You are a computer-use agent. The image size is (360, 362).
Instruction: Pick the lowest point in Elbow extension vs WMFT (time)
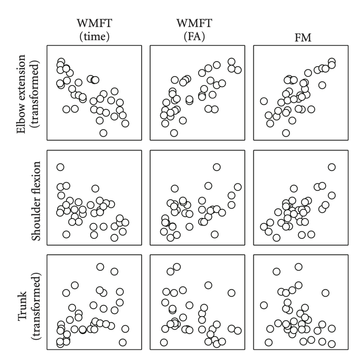pyautogui.click(x=103, y=133)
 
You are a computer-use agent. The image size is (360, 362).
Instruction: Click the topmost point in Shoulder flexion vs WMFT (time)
pyautogui.click(x=60, y=167)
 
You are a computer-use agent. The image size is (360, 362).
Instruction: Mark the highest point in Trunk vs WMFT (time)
pyautogui.click(x=100, y=267)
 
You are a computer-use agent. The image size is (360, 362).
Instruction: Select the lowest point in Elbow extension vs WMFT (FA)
pyautogui.click(x=174, y=133)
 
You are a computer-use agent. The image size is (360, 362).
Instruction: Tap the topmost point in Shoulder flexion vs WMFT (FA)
pyautogui.click(x=217, y=167)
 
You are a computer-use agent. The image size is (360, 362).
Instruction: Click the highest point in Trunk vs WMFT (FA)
pyautogui.click(x=177, y=267)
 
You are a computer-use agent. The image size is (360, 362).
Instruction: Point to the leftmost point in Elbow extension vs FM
pyautogui.click(x=263, y=101)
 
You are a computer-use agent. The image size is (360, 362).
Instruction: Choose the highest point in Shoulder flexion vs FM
pyautogui.click(x=332, y=167)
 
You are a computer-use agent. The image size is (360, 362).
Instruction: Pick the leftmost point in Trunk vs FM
pyautogui.click(x=263, y=305)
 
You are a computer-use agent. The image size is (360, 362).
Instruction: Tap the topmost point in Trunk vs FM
pyautogui.click(x=298, y=267)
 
